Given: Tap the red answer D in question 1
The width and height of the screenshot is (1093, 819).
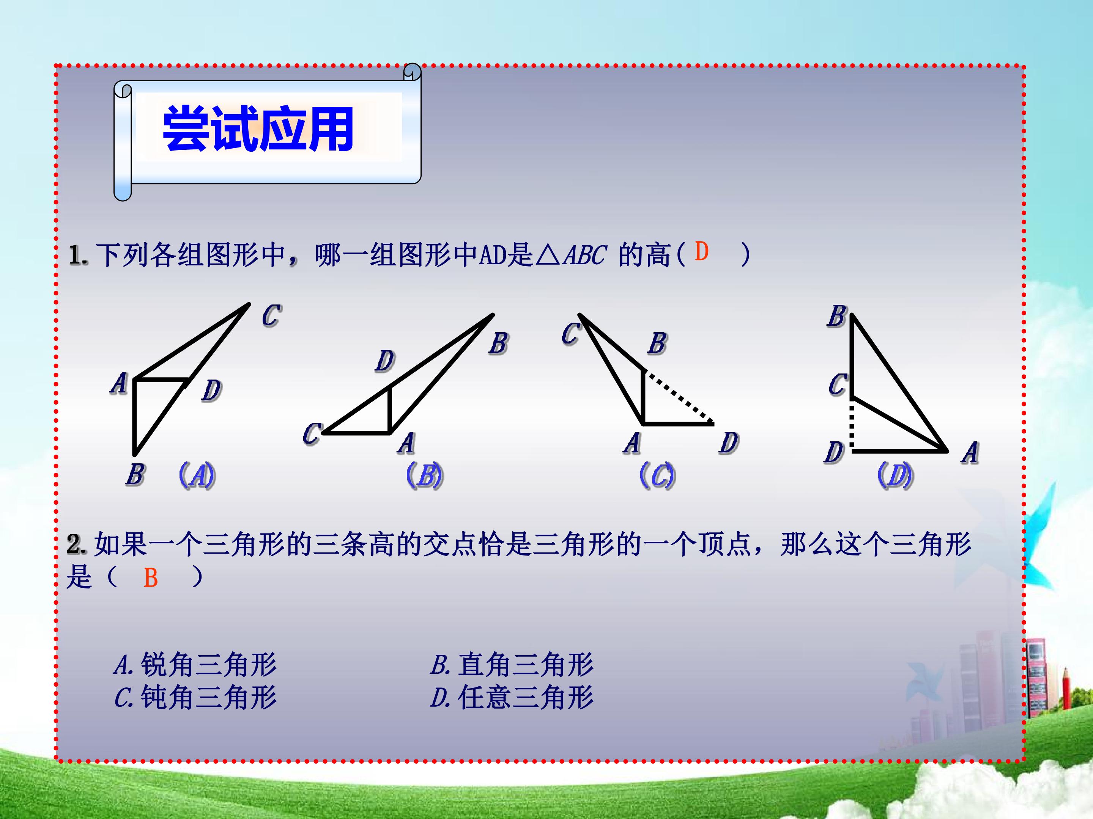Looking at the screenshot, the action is [701, 252].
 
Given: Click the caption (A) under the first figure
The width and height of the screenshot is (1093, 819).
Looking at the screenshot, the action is [197, 475].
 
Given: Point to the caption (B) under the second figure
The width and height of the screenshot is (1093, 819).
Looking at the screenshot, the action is [424, 475].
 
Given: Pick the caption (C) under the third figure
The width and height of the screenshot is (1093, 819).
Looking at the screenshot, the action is [657, 475].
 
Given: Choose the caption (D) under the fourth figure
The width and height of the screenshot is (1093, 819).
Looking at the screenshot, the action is [895, 475].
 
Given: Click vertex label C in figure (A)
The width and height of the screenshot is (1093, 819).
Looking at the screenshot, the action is [271, 315].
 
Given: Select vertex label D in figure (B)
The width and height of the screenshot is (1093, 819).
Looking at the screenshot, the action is [384, 361].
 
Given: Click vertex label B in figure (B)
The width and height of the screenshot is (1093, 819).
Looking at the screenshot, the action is [499, 343].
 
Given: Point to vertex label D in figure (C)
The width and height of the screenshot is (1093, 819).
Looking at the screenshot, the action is [728, 443].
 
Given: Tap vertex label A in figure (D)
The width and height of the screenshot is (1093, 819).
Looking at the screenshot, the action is [970, 453].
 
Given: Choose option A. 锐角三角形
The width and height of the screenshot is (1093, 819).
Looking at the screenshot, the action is [195, 664].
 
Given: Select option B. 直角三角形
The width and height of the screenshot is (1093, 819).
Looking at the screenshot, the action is [512, 664].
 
